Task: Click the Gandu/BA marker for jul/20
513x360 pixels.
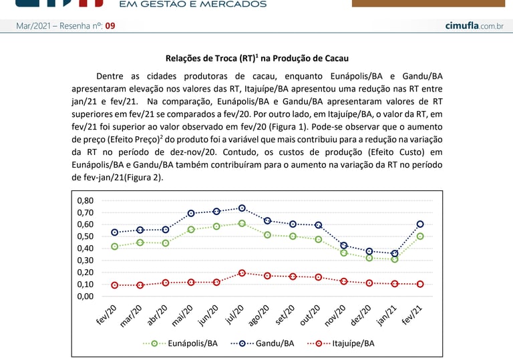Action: click(242, 208)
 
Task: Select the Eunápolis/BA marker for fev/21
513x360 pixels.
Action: click(420, 236)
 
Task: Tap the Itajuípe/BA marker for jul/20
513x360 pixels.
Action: click(242, 273)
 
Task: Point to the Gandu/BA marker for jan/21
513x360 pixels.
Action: click(395, 253)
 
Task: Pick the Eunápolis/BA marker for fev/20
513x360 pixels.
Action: click(115, 246)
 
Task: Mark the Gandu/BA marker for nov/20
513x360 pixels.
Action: click(344, 246)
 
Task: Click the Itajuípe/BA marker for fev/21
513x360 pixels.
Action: click(420, 284)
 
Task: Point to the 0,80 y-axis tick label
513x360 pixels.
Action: click(85, 200)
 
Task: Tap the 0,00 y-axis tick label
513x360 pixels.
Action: click(85, 296)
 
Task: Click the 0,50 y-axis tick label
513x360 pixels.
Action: click(85, 236)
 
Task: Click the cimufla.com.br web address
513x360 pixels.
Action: click(474, 25)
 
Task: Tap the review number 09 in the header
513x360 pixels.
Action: click(110, 26)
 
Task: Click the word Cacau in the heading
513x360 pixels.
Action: click(335, 58)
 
